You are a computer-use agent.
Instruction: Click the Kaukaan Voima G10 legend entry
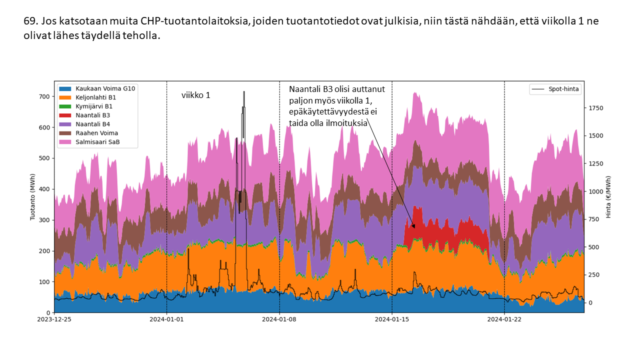105,88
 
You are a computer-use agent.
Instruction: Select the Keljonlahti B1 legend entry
96,97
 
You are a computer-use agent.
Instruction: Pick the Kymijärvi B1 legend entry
93,106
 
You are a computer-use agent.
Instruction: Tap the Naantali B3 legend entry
92,115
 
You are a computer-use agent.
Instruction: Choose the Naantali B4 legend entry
92,124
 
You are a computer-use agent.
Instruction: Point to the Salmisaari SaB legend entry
97,142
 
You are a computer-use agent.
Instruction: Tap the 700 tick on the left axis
44,96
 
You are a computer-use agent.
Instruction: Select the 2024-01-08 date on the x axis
279,319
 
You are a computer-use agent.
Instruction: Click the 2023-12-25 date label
54,319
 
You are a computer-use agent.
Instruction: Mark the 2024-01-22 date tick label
504,319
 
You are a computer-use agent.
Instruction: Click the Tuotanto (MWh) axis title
33,197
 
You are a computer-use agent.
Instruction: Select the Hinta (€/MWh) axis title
608,197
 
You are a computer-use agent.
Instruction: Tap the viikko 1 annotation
195,95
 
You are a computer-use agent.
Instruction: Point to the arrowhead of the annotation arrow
413,227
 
